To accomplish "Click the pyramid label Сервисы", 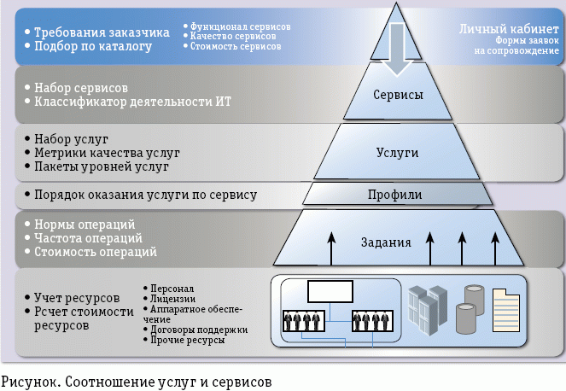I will point(398,96).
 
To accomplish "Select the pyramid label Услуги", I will point(397,151).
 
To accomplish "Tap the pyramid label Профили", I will point(394,195).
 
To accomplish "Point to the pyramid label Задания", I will point(392,242).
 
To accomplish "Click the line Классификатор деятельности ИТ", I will point(132,102).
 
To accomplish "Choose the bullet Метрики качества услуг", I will point(107,153).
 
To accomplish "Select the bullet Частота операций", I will point(88,238).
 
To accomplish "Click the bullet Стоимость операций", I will point(95,253).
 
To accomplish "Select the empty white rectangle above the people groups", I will point(330,291).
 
